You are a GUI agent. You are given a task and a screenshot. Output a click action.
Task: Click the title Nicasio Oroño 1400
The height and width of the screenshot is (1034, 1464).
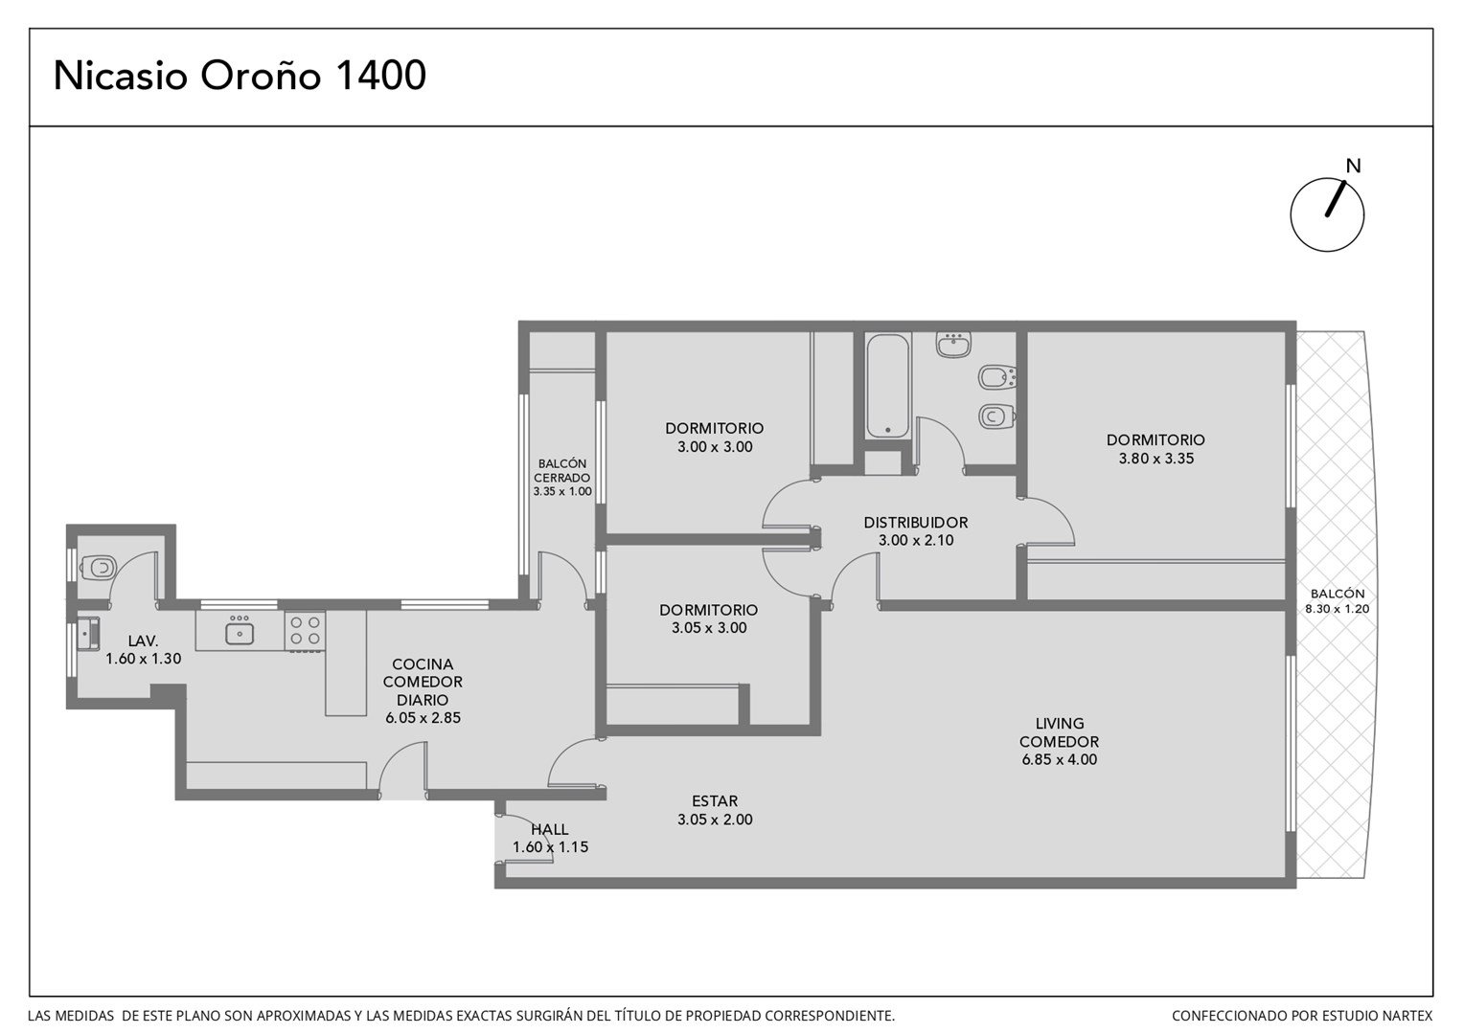(x=240, y=75)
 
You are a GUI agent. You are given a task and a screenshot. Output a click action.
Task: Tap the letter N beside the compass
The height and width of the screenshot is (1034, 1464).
(x=1353, y=167)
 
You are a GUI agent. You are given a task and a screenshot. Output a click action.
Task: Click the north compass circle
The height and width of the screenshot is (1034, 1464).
(x=1327, y=214)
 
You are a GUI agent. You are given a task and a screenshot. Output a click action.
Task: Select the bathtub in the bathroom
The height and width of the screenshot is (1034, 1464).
(x=887, y=386)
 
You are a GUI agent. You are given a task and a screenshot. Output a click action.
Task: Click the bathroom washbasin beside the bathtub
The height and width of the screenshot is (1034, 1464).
(x=953, y=345)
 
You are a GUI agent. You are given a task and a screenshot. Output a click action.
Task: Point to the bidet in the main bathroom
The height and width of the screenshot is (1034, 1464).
(x=996, y=377)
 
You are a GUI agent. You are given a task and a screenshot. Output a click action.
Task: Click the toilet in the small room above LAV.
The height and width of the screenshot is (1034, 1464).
(x=100, y=566)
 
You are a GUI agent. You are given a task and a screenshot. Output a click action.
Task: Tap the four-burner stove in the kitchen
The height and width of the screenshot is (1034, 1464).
(x=305, y=630)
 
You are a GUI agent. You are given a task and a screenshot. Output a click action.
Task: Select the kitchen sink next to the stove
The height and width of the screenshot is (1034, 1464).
(x=240, y=631)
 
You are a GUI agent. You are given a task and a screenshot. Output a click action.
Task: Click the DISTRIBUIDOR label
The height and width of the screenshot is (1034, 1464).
(x=916, y=523)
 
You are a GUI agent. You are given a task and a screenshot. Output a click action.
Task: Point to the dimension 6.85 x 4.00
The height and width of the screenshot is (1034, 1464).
(x=1060, y=759)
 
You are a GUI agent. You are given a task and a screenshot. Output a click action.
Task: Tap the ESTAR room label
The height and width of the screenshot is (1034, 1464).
(x=715, y=800)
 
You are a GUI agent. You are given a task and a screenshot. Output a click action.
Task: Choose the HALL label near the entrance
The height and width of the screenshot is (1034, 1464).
(x=550, y=829)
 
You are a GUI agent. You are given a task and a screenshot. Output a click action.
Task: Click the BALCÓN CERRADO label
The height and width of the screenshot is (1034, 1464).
(x=562, y=470)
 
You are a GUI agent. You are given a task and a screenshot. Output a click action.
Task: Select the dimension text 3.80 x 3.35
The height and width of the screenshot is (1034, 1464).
(x=1156, y=459)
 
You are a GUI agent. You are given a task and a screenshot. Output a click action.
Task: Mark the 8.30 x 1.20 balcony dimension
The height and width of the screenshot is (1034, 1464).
(x=1338, y=609)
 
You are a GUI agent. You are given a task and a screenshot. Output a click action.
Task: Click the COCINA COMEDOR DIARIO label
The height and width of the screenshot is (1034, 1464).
(x=423, y=682)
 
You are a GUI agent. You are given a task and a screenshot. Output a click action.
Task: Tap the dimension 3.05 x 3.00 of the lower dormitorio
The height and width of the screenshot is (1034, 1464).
(x=709, y=628)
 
